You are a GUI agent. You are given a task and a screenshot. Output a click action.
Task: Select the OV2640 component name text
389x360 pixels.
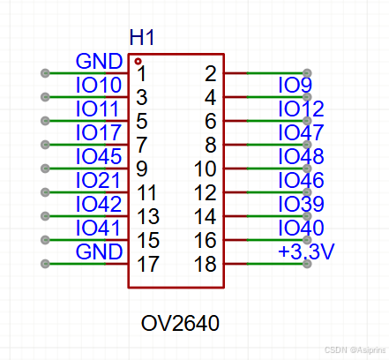180,324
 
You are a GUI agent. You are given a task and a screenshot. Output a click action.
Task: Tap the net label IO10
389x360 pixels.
99,86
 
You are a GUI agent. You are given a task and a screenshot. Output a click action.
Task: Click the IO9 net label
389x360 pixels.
295,86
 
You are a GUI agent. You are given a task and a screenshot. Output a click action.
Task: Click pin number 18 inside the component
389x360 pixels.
204,264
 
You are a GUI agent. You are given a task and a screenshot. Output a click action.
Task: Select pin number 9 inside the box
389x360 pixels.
143,169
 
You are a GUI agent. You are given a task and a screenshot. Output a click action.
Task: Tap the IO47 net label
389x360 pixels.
301,133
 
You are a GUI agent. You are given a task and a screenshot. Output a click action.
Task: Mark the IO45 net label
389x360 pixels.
99,157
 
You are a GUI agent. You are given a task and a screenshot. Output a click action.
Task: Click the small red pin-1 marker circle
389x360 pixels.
138,61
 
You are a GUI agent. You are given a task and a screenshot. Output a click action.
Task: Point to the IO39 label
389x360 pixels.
301,205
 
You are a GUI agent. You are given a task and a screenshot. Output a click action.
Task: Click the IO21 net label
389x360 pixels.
99,181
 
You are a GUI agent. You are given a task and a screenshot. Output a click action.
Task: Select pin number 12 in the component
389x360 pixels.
204,192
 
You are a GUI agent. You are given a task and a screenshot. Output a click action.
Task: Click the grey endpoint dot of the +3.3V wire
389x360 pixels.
307,264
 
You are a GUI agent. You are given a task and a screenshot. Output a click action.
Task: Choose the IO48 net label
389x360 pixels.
301,157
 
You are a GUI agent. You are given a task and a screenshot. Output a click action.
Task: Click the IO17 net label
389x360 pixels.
99,133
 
